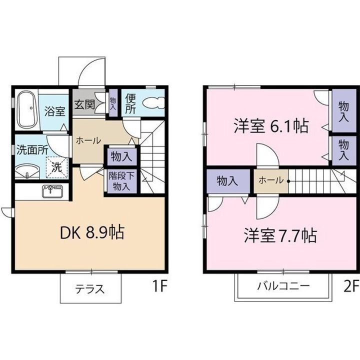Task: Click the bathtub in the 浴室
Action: (26, 109)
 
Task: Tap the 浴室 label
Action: (54, 111)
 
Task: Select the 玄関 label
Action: (85, 105)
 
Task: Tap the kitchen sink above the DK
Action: (52, 191)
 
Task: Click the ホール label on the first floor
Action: (89, 140)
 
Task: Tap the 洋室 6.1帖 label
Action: (270, 126)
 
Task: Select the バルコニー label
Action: (283, 286)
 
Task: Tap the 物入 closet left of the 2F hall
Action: (227, 181)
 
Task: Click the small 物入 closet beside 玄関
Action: (113, 103)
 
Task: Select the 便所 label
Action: (130, 103)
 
